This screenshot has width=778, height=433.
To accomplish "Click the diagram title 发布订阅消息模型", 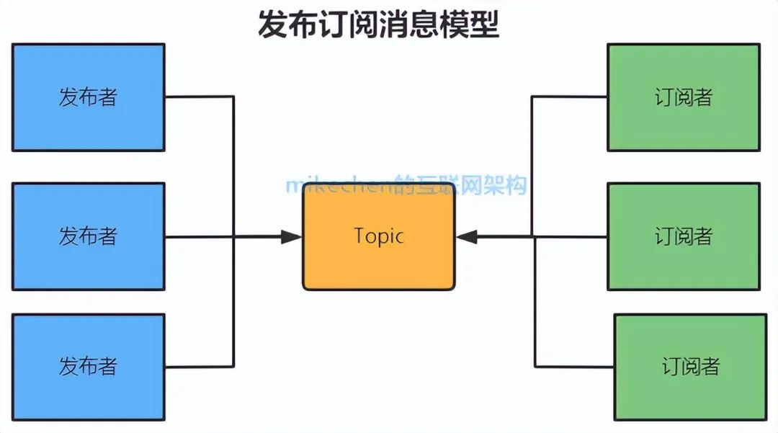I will click(x=378, y=24).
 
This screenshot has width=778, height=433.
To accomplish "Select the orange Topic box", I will click(x=378, y=267).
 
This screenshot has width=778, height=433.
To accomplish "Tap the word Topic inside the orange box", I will click(x=378, y=236).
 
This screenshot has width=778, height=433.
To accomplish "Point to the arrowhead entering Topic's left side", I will click(x=291, y=236).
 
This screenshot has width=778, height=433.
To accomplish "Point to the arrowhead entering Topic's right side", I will click(x=467, y=236).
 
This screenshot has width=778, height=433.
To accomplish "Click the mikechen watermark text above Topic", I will click(x=406, y=185).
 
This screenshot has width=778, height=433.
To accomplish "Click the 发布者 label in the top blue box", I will click(x=88, y=97).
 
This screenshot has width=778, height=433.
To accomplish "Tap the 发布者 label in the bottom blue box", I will click(x=88, y=366).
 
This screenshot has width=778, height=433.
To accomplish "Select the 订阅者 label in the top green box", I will click(x=683, y=97).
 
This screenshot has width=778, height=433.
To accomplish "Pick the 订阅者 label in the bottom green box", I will click(x=690, y=366).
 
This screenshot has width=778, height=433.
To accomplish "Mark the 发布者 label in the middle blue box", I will click(x=88, y=236).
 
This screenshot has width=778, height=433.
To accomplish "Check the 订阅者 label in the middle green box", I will click(x=683, y=236).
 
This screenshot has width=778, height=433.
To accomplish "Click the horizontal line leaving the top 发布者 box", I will click(x=199, y=97).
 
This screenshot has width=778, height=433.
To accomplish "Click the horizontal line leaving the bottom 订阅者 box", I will click(x=574, y=366).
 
